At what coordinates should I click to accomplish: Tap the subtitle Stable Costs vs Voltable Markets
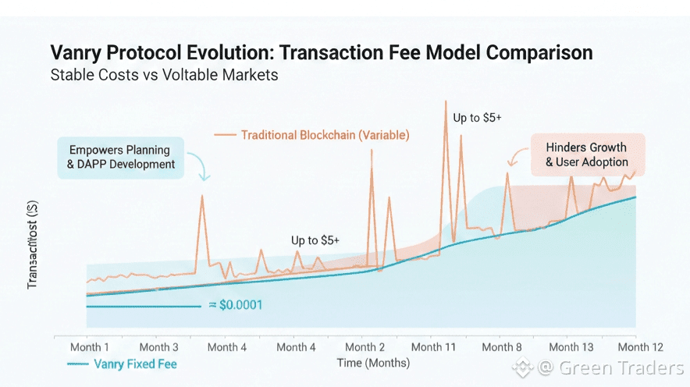(164, 76)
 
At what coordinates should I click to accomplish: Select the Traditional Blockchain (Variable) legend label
(325, 135)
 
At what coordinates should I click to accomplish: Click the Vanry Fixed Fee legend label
(135, 364)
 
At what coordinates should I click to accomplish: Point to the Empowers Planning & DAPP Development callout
(120, 156)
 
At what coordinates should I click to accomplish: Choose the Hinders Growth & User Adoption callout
(586, 154)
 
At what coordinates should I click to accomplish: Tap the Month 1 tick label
(90, 347)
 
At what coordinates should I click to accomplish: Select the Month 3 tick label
(158, 347)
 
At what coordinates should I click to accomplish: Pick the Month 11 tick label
(433, 347)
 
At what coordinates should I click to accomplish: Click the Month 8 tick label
(502, 347)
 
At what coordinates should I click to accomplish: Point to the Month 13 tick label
(571, 347)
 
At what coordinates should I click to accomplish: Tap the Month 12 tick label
(640, 347)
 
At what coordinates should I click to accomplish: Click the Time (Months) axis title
(373, 363)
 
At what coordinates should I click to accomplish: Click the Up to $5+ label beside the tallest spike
(477, 118)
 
